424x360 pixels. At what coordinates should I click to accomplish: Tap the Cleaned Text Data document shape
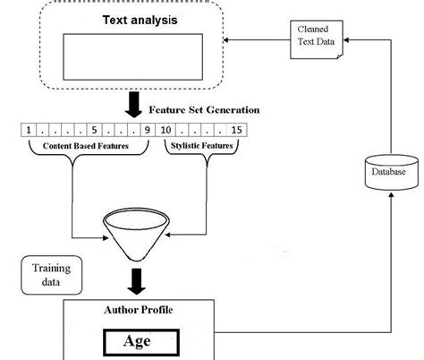click(318, 40)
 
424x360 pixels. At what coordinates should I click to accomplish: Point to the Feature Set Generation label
click(205, 109)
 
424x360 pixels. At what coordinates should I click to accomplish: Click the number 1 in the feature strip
click(30, 129)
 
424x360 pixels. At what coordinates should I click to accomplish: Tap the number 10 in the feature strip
click(166, 129)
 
